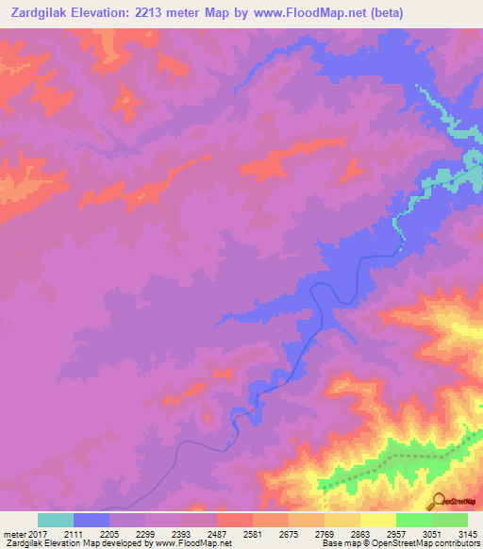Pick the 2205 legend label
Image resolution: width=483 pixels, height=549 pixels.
click(109, 534)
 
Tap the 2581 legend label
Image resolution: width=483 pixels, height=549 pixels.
click(253, 534)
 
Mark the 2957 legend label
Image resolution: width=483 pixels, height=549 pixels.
click(396, 534)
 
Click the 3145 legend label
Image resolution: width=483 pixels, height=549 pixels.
click(466, 534)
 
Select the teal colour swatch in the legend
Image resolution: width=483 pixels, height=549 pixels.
click(56, 520)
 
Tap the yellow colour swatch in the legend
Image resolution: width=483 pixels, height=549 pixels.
click(378, 520)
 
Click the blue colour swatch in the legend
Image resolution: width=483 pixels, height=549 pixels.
click(92, 520)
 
